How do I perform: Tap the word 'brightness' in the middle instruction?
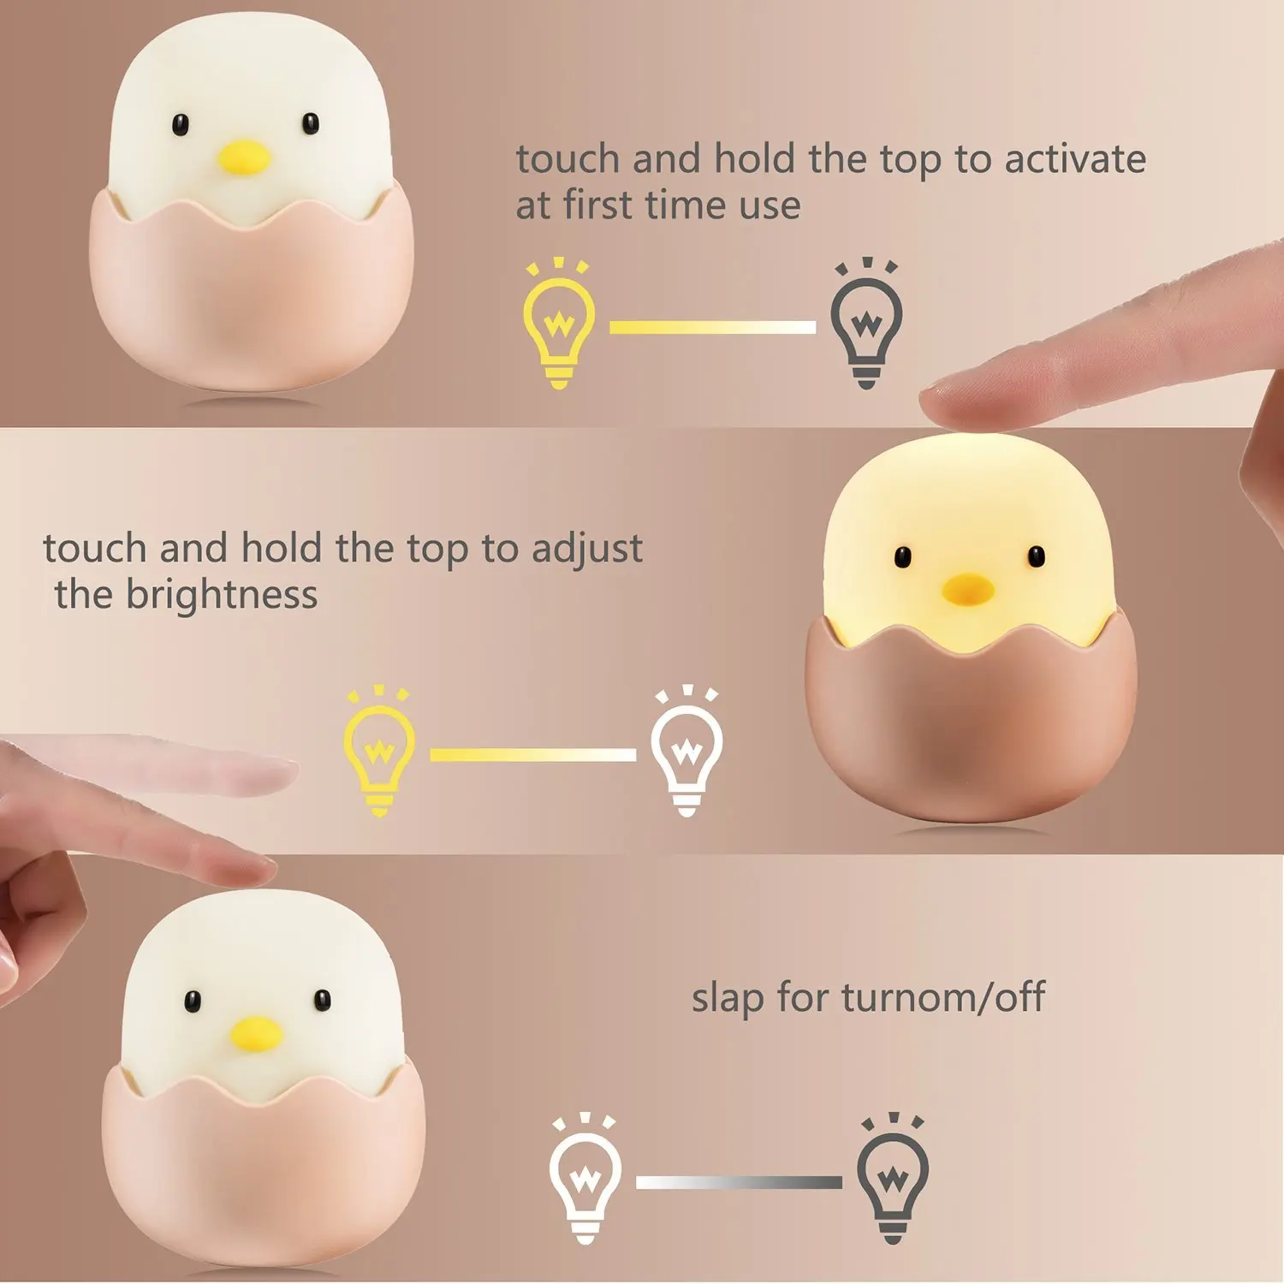(x=222, y=594)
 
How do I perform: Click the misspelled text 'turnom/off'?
(x=943, y=997)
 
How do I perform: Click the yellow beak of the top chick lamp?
(x=243, y=157)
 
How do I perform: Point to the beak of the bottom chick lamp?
(x=256, y=1033)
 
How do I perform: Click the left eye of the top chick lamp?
(x=180, y=125)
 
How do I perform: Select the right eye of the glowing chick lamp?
(x=1037, y=556)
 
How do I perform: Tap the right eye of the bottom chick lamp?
(x=322, y=999)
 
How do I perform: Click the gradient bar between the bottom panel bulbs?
(x=739, y=1182)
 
